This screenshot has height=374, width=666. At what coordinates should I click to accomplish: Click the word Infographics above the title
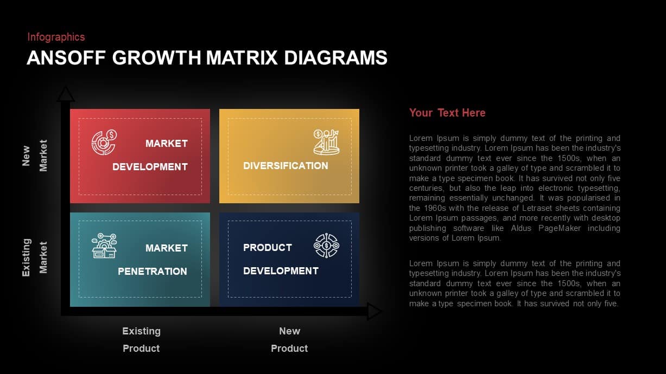point(56,37)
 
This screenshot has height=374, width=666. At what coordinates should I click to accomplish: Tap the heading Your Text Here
point(447,113)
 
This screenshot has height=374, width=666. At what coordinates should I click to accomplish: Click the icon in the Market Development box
point(104,143)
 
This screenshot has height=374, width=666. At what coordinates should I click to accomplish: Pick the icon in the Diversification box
point(326,141)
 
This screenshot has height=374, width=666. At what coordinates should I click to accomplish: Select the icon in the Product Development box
point(326,246)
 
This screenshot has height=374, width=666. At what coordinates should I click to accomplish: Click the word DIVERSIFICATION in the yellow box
point(286,166)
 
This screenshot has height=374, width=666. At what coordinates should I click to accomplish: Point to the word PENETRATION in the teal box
point(153,272)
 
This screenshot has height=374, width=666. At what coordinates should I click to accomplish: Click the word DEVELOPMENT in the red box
point(150,167)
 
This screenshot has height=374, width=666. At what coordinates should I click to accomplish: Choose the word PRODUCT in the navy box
point(268,248)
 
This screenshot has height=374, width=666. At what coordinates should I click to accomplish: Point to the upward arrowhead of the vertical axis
point(66,94)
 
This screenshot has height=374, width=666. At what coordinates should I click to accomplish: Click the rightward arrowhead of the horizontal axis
point(374,312)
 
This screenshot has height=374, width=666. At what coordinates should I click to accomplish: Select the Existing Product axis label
point(141,339)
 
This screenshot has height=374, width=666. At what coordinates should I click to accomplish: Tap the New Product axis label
point(289,339)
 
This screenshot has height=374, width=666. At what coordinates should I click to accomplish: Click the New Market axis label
point(34,155)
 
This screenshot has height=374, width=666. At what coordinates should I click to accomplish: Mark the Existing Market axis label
point(34,257)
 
